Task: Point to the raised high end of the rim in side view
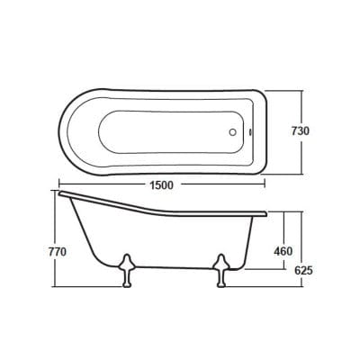click(x=61, y=193)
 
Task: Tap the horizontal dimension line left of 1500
click(x=99, y=184)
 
